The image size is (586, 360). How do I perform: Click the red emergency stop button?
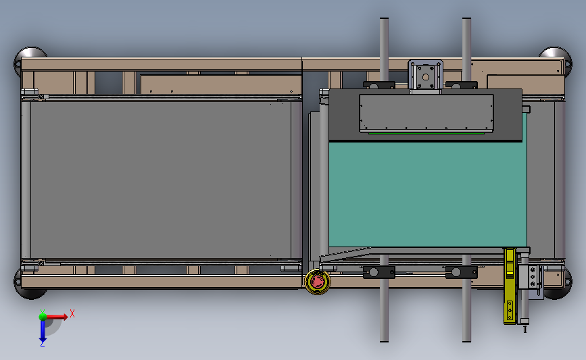pyautogui.click(x=317, y=282)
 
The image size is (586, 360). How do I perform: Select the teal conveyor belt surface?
pyautogui.click(x=428, y=194)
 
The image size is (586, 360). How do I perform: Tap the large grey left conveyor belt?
pyautogui.click(x=161, y=180)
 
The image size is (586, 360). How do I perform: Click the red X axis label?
pyautogui.click(x=72, y=313)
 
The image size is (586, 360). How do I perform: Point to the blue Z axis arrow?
pyautogui.click(x=43, y=330)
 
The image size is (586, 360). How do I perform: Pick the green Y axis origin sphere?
pyautogui.click(x=43, y=317)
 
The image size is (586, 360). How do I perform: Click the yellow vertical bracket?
pyautogui.click(x=510, y=286)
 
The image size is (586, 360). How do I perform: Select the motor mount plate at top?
pyautogui.click(x=425, y=76)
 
